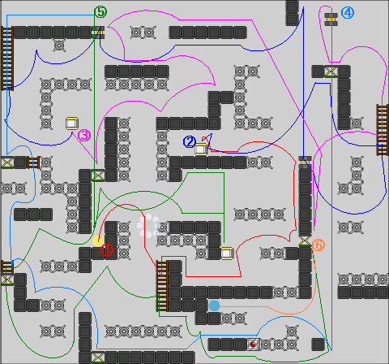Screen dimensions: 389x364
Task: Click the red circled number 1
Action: tap(107, 250)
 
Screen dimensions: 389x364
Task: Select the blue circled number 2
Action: tap(190, 142)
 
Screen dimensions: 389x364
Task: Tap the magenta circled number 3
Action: tap(84, 135)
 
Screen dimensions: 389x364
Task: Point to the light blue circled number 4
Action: tap(348, 13)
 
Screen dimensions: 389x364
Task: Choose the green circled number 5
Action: tap(100, 12)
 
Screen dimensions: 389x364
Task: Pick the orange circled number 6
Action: tap(318, 245)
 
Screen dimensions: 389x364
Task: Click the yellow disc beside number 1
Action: tap(98, 240)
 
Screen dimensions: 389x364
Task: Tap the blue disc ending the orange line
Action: tap(214, 305)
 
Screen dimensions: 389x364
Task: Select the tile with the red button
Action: tap(253, 344)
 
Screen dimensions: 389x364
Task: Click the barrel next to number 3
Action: tap(72, 123)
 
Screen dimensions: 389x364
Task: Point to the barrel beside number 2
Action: tap(201, 149)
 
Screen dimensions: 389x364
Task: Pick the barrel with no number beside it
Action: tap(227, 253)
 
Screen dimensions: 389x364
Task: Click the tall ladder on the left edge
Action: tap(7, 58)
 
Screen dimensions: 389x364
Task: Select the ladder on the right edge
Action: tap(383, 130)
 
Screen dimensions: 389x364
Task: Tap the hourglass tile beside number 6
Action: tap(305, 240)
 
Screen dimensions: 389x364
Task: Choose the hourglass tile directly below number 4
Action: tap(331, 71)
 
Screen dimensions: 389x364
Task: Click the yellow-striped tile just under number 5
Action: tap(98, 32)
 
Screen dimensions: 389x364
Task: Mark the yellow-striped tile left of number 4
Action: tap(331, 19)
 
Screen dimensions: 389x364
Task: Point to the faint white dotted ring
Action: tap(148, 226)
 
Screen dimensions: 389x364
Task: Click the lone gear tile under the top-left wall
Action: tap(59, 45)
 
